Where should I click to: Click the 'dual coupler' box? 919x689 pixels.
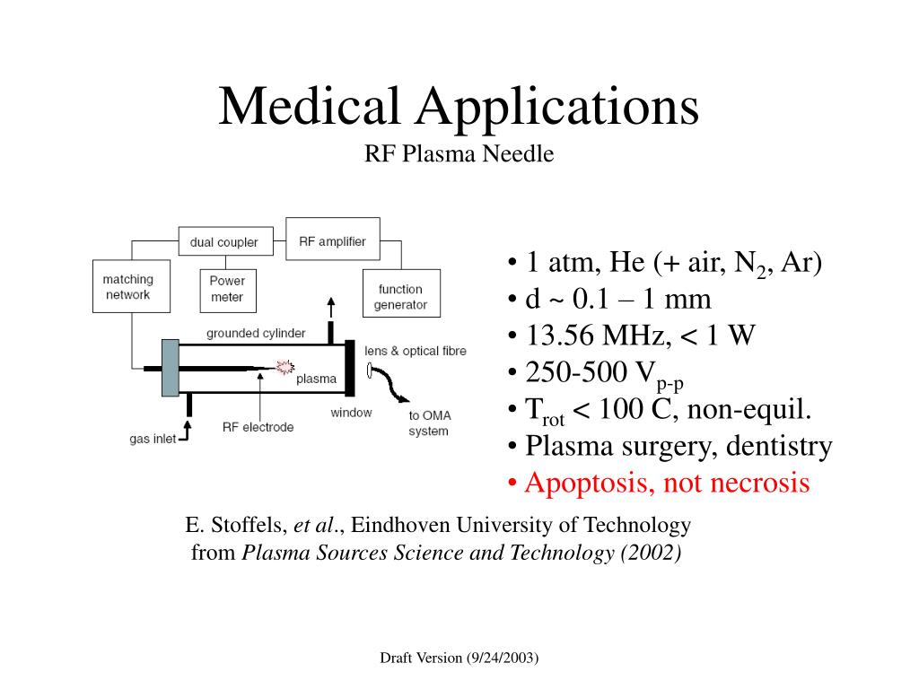[x=223, y=242]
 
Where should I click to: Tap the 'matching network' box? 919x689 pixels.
[x=127, y=286]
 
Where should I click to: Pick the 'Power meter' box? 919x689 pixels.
[x=227, y=289]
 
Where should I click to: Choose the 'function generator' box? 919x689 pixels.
[x=400, y=296]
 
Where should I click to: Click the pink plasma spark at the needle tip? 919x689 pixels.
[x=285, y=367]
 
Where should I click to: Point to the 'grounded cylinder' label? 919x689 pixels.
[x=256, y=334]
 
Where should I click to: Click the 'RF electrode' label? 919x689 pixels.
[x=258, y=427]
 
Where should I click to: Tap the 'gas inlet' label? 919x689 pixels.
[x=153, y=440]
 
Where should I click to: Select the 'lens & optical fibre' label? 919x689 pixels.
[x=416, y=351]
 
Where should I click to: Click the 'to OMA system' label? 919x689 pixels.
[x=428, y=423]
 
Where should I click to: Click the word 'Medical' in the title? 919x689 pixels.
[x=309, y=106]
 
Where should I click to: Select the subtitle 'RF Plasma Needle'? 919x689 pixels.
[x=459, y=154]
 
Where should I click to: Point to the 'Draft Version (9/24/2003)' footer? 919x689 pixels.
[x=459, y=658]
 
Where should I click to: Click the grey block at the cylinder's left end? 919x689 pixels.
[x=171, y=367]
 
